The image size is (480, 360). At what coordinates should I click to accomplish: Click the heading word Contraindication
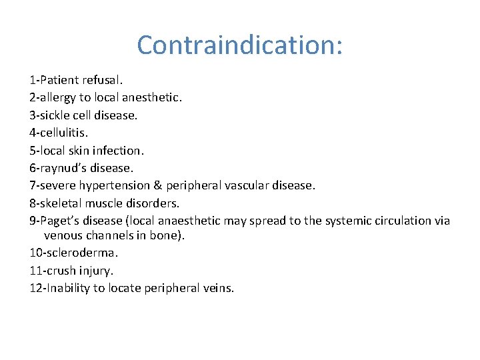(239, 45)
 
